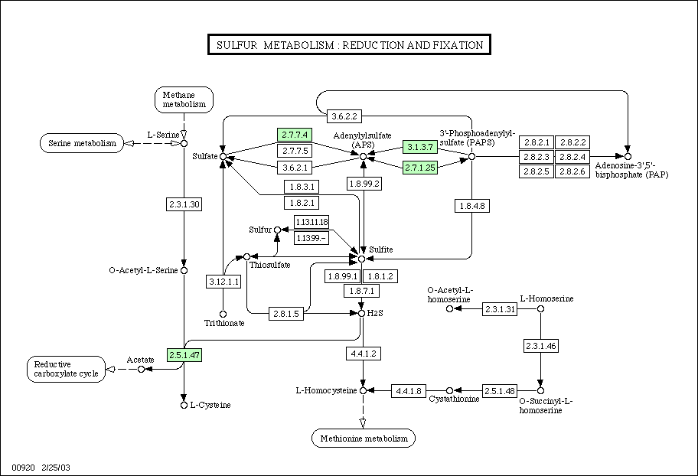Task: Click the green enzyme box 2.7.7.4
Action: click(294, 135)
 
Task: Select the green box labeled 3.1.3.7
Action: click(420, 147)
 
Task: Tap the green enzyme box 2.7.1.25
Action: click(420, 168)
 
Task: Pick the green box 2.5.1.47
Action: click(184, 355)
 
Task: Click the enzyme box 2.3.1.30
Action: click(184, 204)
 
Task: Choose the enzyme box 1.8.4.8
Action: click(472, 206)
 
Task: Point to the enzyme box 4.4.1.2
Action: click(364, 354)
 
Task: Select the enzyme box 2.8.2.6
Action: click(572, 171)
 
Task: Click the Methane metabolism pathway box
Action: click(184, 99)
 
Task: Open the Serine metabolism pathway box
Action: click(82, 143)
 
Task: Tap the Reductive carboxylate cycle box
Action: click(67, 369)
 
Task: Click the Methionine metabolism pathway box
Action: click(364, 439)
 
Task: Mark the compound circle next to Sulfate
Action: click(223, 156)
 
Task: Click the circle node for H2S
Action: click(361, 314)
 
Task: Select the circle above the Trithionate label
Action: click(223, 315)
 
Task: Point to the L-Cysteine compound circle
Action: click(184, 405)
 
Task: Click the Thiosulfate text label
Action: click(269, 265)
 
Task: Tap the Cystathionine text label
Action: click(454, 399)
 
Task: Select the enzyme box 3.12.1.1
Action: click(224, 282)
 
